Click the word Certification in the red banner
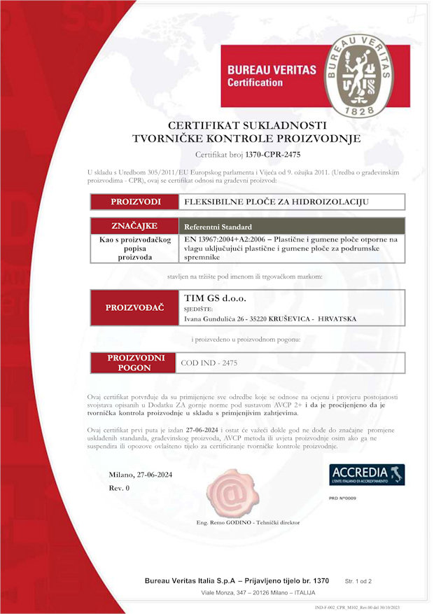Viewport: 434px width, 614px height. point(255,83)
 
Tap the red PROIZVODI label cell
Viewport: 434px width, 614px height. point(135,202)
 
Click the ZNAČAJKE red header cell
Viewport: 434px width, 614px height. point(134,226)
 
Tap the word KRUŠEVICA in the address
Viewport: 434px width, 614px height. point(282,319)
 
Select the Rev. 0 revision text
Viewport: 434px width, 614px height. point(119,488)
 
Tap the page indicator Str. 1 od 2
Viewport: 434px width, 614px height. point(358,580)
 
